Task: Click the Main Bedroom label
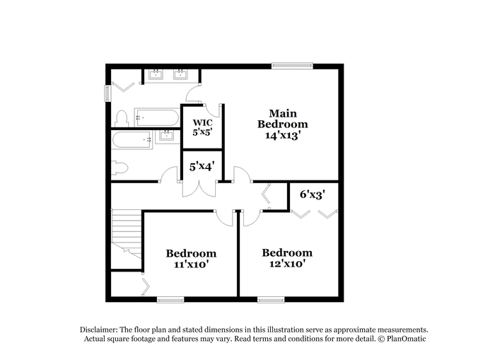[x=283, y=119]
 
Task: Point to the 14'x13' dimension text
[x=282, y=135]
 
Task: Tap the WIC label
[x=202, y=122]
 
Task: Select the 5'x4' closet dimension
[x=202, y=166]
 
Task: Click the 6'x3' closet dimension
[x=313, y=194]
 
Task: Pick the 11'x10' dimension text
[x=191, y=264]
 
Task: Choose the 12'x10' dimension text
[x=287, y=263]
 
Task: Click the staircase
[x=127, y=233]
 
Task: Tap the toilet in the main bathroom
[x=122, y=118]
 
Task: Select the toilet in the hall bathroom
[x=120, y=168]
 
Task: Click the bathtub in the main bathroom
[x=156, y=117]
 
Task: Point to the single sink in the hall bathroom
[x=166, y=136]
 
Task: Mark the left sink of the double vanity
[x=156, y=74]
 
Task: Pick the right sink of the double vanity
[x=180, y=74]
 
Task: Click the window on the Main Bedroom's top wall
[x=292, y=66]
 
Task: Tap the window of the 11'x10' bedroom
[x=170, y=300]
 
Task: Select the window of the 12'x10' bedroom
[x=271, y=300]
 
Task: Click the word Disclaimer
[x=99, y=330]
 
